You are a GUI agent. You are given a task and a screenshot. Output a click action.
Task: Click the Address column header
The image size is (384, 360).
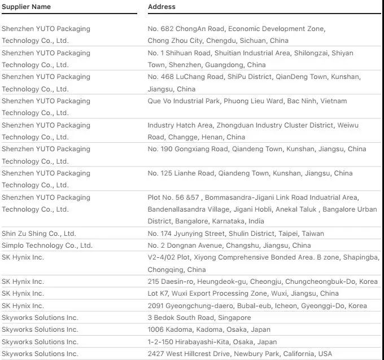(x=162, y=7)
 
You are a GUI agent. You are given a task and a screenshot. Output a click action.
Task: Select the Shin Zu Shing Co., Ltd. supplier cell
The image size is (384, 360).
(x=38, y=234)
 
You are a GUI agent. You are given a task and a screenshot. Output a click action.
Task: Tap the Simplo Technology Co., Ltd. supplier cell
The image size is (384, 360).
(x=47, y=245)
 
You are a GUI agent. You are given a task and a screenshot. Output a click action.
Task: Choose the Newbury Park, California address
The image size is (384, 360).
(x=240, y=354)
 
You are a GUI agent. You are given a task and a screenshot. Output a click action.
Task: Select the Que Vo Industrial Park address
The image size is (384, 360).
(x=247, y=101)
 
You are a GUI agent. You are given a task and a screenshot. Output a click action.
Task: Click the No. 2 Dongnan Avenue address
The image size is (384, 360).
(x=229, y=245)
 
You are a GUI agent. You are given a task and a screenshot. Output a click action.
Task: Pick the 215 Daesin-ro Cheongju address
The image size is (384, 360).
(x=263, y=282)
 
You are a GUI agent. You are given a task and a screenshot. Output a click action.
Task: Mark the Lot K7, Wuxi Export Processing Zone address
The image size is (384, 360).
(x=243, y=293)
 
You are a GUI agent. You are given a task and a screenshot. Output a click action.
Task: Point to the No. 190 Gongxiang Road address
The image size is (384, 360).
(x=257, y=150)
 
